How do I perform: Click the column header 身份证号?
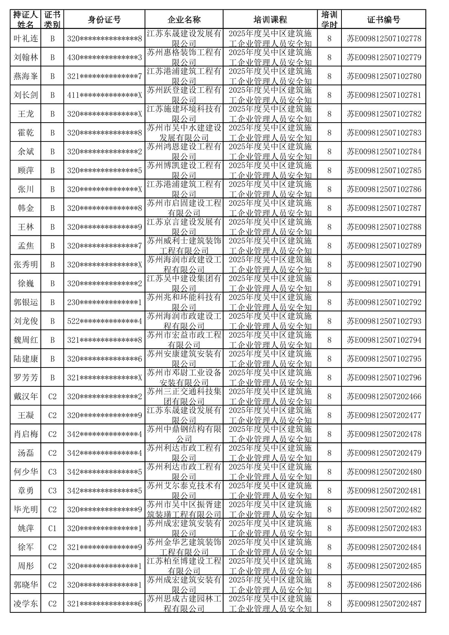[x=104, y=20]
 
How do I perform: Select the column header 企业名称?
[x=184, y=20]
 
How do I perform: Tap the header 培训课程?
[x=270, y=20]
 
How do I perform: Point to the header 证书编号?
[x=383, y=20]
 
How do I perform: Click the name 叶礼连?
[x=26, y=38]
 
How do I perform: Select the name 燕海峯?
[x=26, y=76]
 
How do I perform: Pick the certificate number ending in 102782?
[x=384, y=114]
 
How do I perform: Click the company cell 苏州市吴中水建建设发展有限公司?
[x=184, y=133]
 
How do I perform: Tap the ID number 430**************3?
[x=104, y=57]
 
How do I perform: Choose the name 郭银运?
[x=26, y=302]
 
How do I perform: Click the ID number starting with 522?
[x=104, y=321]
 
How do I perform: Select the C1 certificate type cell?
[x=52, y=528]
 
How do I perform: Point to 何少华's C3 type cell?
[x=52, y=472]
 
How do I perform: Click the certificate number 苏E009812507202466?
[x=384, y=397]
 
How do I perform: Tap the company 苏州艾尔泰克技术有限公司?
[x=184, y=490]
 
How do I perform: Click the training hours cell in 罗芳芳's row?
[x=329, y=378]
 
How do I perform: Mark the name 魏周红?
[x=26, y=340]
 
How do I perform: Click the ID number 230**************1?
[x=104, y=302]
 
